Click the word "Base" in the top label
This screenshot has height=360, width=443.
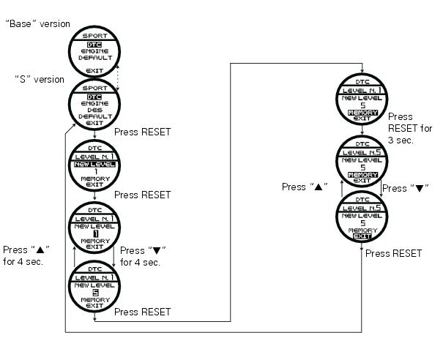point(20,23)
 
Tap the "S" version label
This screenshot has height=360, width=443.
point(40,79)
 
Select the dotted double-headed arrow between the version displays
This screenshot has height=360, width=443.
point(118,78)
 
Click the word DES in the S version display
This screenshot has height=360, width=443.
point(94,110)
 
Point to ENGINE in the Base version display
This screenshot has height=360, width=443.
point(94,51)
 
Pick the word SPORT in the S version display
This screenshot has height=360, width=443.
point(94,88)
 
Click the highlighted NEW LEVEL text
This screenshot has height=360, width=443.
point(94,165)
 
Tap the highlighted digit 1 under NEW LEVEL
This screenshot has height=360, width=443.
point(96,234)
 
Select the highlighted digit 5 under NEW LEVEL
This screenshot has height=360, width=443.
point(95,293)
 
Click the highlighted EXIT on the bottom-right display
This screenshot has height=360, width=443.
point(362,236)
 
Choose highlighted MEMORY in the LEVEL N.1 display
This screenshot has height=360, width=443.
point(362,113)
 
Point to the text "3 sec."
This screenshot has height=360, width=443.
point(401,140)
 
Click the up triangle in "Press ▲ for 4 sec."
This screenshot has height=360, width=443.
point(40,250)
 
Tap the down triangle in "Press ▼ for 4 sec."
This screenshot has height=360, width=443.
point(157,250)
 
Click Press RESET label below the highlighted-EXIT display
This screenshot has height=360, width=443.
point(393,253)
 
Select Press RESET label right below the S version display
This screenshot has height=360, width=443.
point(142,132)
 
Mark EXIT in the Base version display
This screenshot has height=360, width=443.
point(94,70)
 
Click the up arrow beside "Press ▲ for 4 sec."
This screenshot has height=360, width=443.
point(75,256)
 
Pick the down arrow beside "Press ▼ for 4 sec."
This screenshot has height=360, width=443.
point(113,256)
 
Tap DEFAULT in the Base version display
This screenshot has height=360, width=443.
point(95,58)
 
